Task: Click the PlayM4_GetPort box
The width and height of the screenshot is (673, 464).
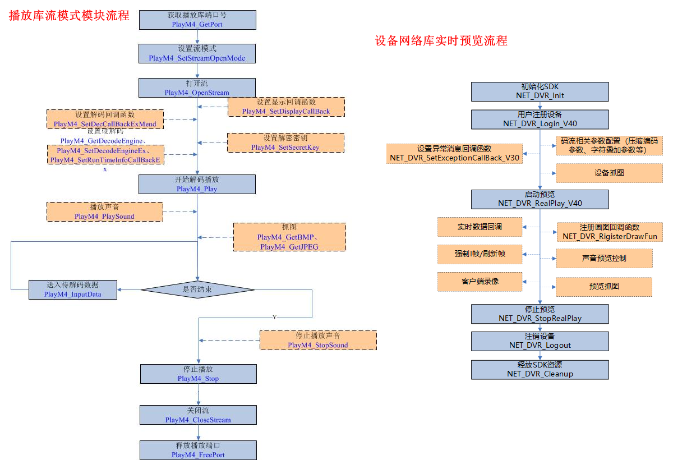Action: point(197,20)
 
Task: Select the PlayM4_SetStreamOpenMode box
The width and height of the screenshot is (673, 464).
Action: point(197,53)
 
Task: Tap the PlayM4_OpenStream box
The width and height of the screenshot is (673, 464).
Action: point(197,88)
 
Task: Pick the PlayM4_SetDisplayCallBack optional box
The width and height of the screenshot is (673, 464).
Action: point(286,107)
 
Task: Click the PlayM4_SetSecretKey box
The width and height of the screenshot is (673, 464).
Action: point(286,143)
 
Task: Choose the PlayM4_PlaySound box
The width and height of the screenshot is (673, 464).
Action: point(105,212)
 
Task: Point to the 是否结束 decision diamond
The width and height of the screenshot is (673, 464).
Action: point(197,290)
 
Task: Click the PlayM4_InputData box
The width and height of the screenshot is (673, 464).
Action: point(73,290)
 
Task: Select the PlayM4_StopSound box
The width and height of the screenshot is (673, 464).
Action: point(318,341)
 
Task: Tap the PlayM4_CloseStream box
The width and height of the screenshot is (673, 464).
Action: point(198,415)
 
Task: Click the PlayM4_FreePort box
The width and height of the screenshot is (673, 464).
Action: point(198,450)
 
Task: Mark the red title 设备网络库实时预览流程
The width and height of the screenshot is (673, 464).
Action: point(441,41)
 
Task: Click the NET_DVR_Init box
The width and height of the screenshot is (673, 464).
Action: point(540,91)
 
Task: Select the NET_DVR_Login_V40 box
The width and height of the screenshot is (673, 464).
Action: point(540,119)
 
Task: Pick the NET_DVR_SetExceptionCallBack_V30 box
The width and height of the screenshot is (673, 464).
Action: point(454,153)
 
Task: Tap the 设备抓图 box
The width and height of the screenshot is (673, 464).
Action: point(609,173)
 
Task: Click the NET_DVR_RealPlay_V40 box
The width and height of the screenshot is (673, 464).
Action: point(540,199)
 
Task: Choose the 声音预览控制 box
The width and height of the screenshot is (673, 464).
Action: point(604,258)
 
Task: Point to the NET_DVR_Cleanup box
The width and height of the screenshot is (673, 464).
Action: point(540,369)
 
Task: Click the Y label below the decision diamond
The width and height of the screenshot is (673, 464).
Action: point(274,318)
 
